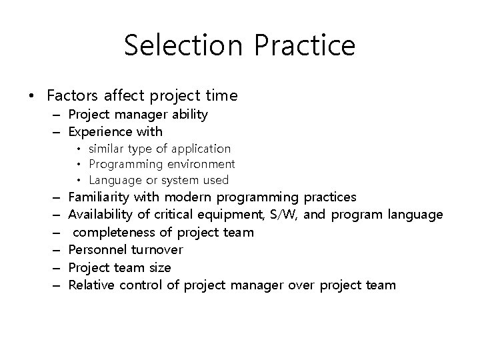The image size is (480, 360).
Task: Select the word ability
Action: tap(189, 115)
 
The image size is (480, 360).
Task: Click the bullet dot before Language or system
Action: tap(79, 180)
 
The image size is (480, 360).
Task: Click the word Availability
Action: tap(100, 215)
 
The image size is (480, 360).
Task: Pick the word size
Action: tap(159, 268)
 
